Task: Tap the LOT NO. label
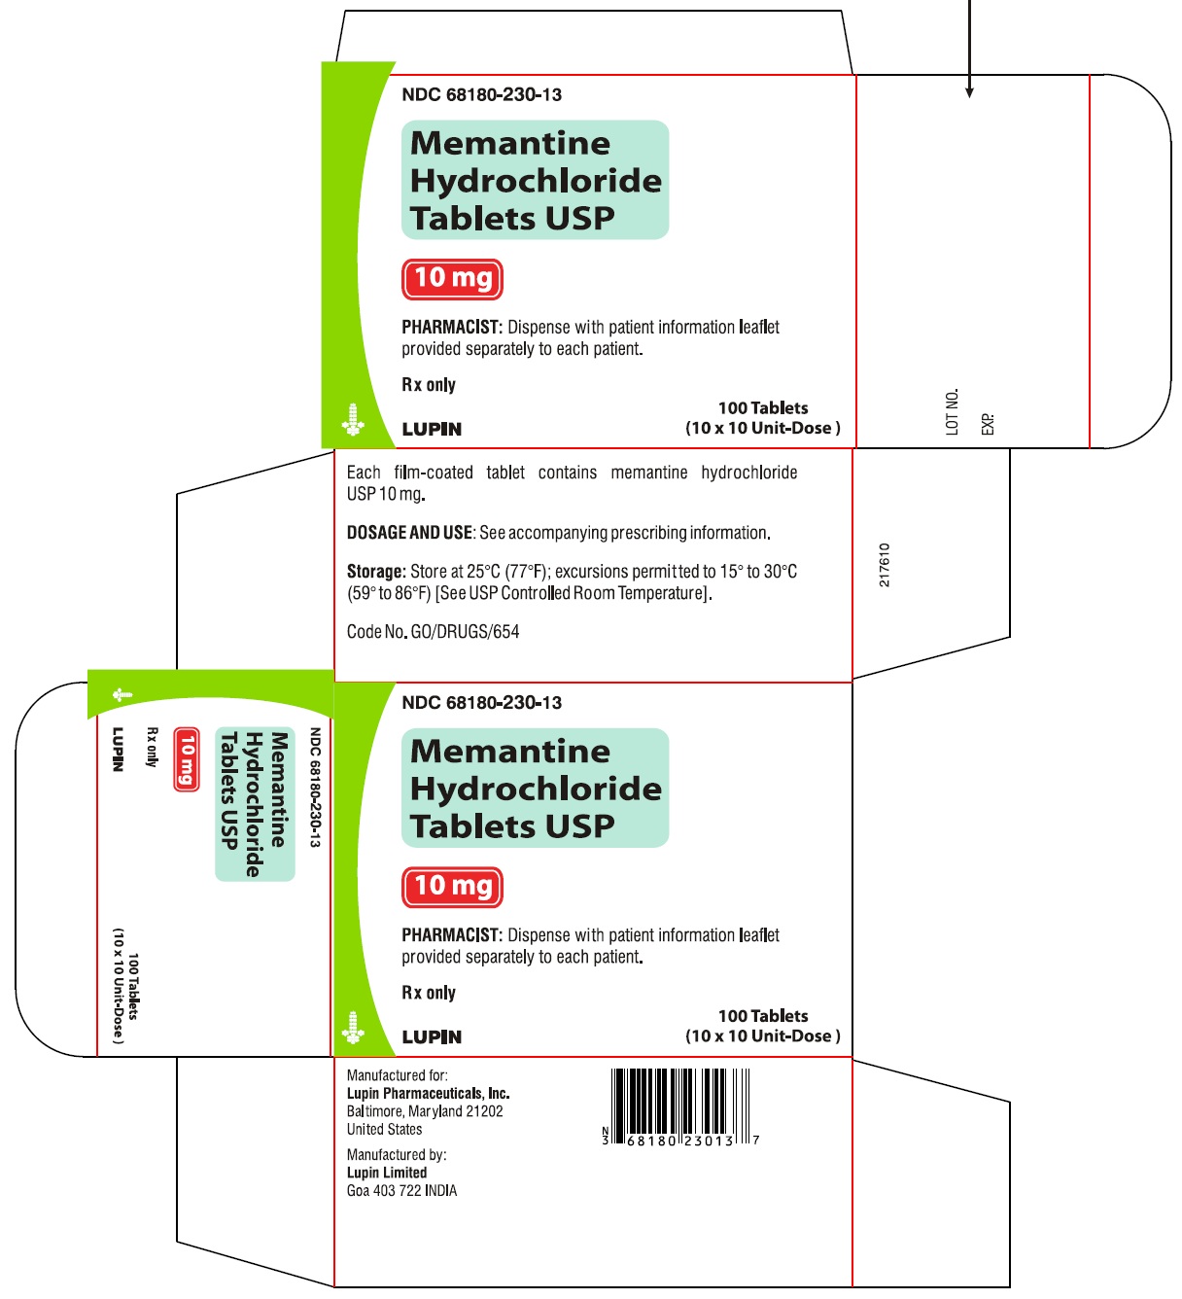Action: coord(953,411)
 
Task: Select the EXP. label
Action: coord(988,423)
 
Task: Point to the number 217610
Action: coord(884,565)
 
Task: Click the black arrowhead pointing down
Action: coord(969,92)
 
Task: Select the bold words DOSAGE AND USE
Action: coord(409,533)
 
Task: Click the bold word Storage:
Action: coord(375,572)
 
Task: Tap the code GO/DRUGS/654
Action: coord(465,632)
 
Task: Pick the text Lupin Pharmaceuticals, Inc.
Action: coord(428,1094)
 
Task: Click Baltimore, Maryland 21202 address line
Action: coord(425,1111)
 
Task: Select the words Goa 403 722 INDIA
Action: coord(401,1191)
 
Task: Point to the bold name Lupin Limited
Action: coord(387,1173)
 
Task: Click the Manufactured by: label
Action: coord(397,1155)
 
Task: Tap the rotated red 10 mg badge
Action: coord(186,759)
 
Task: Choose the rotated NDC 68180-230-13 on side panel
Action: coord(314,788)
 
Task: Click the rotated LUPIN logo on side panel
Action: coord(118,749)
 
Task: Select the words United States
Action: coord(385,1130)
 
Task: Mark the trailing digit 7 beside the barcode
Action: coord(756,1140)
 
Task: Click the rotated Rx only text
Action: coord(152,747)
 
